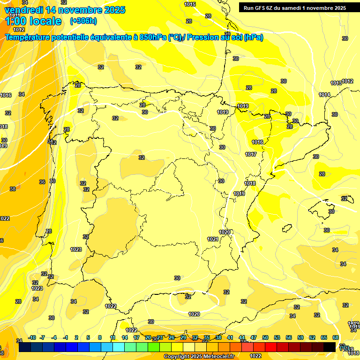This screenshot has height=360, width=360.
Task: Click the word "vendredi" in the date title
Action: click(x=24, y=9)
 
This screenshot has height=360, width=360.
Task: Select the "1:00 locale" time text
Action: click(x=33, y=21)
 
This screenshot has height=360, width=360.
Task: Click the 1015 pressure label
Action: click(x=190, y=4)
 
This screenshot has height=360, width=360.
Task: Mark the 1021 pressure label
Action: click(x=213, y=239)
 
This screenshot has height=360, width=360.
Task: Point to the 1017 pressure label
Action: click(x=251, y=154)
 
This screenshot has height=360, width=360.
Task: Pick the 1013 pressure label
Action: click(x=336, y=83)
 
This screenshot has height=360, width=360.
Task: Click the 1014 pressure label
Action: click(x=324, y=95)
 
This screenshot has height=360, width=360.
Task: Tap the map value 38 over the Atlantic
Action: click(x=13, y=189)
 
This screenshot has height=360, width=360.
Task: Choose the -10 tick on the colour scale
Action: click(x=32, y=337)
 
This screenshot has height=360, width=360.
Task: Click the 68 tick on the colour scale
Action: click(x=336, y=337)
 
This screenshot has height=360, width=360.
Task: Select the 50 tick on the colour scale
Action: click(x=265, y=337)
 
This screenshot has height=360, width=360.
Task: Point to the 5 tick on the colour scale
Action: click(x=88, y=337)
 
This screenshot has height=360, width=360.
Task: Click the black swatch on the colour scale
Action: click(x=330, y=346)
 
